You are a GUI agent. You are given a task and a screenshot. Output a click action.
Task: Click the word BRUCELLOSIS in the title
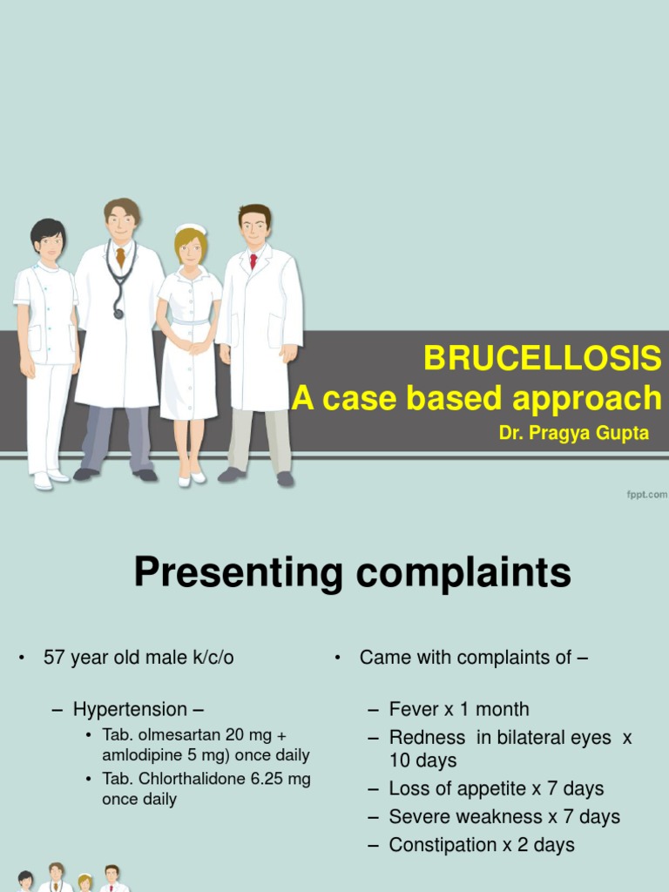[x=542, y=358]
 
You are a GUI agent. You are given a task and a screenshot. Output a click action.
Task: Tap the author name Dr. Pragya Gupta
[x=574, y=433]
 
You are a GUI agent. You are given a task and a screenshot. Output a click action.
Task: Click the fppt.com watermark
[x=646, y=495]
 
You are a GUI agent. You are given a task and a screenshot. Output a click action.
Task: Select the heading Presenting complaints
[x=352, y=574]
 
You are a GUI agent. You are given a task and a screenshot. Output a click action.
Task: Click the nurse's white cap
[x=190, y=231]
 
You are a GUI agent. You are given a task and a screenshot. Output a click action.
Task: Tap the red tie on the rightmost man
[x=253, y=260]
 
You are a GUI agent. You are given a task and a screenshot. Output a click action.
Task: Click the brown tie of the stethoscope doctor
[x=120, y=258]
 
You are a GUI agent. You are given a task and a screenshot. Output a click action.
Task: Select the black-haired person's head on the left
[x=48, y=240]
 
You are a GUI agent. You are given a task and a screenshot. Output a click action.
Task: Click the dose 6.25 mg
[x=280, y=779]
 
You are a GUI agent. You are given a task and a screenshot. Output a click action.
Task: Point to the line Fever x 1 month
[x=459, y=709]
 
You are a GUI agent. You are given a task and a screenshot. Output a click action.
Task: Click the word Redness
[x=427, y=737]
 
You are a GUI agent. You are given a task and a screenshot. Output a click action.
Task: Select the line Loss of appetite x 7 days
[x=497, y=788]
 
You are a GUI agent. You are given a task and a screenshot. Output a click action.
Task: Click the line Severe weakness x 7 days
[x=504, y=816]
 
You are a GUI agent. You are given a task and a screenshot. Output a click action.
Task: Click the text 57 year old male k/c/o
[x=139, y=658]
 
